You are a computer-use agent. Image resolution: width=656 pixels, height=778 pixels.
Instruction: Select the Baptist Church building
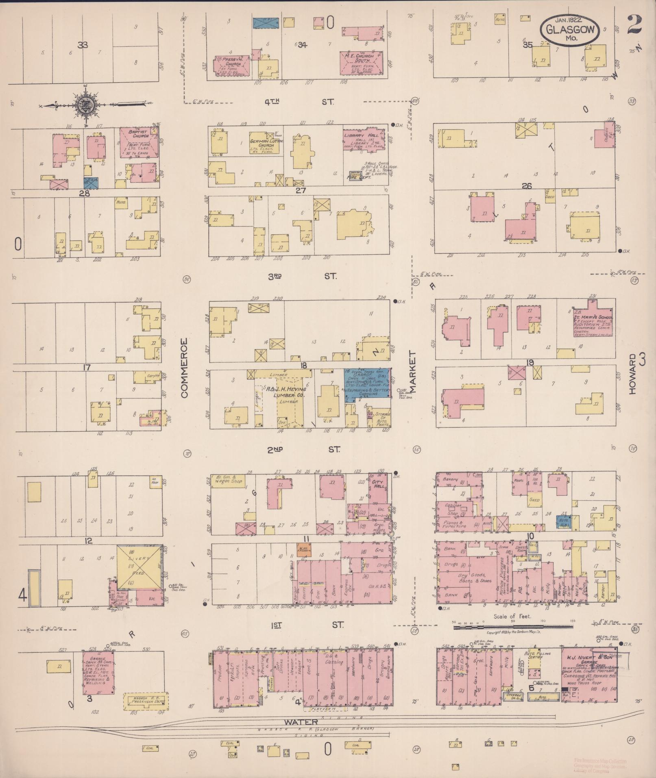coord(137,143)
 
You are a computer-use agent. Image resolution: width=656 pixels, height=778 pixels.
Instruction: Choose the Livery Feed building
coord(139,567)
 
